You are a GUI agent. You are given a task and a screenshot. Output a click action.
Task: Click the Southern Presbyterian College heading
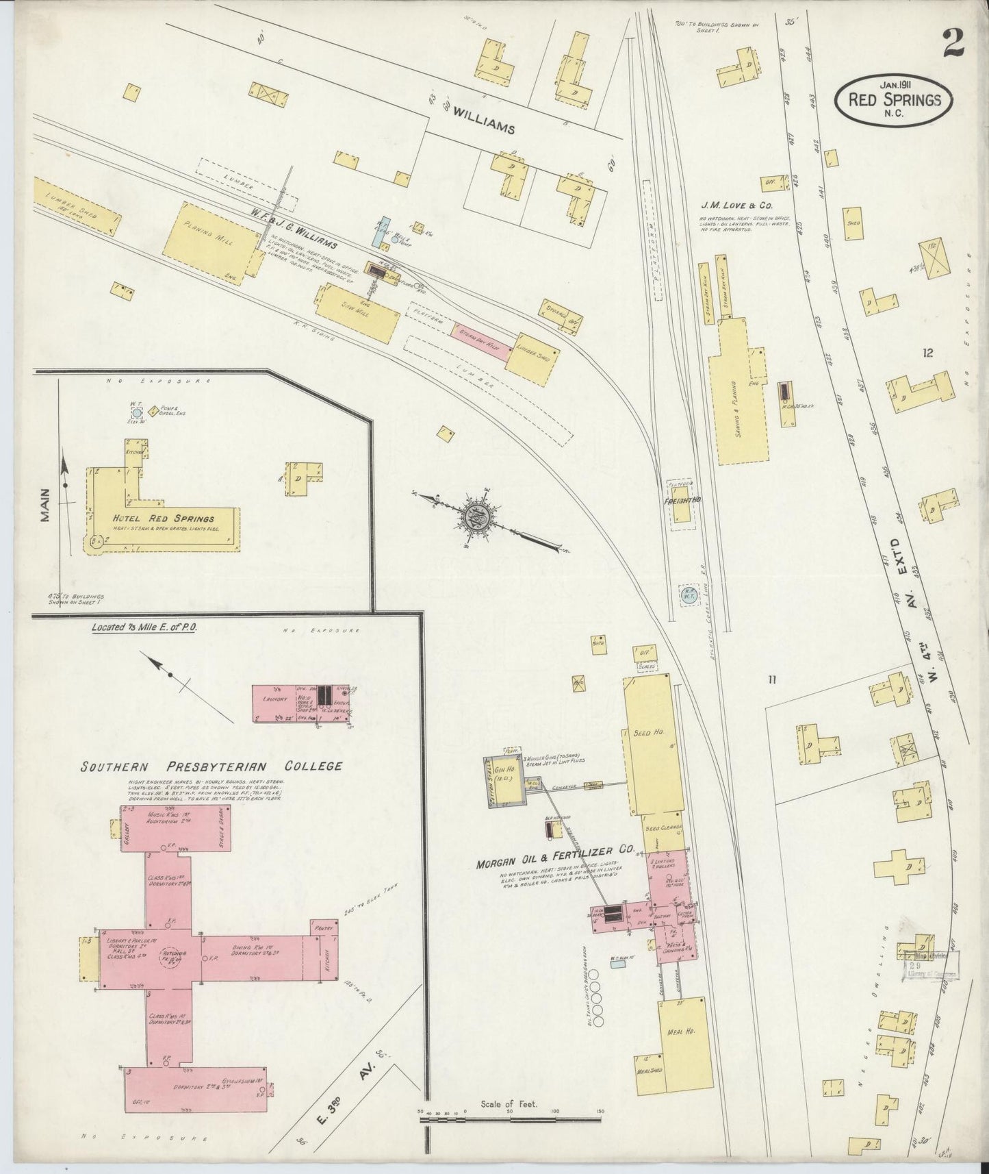pyautogui.click(x=211, y=766)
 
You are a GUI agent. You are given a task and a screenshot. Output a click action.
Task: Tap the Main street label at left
pyautogui.click(x=46, y=505)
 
